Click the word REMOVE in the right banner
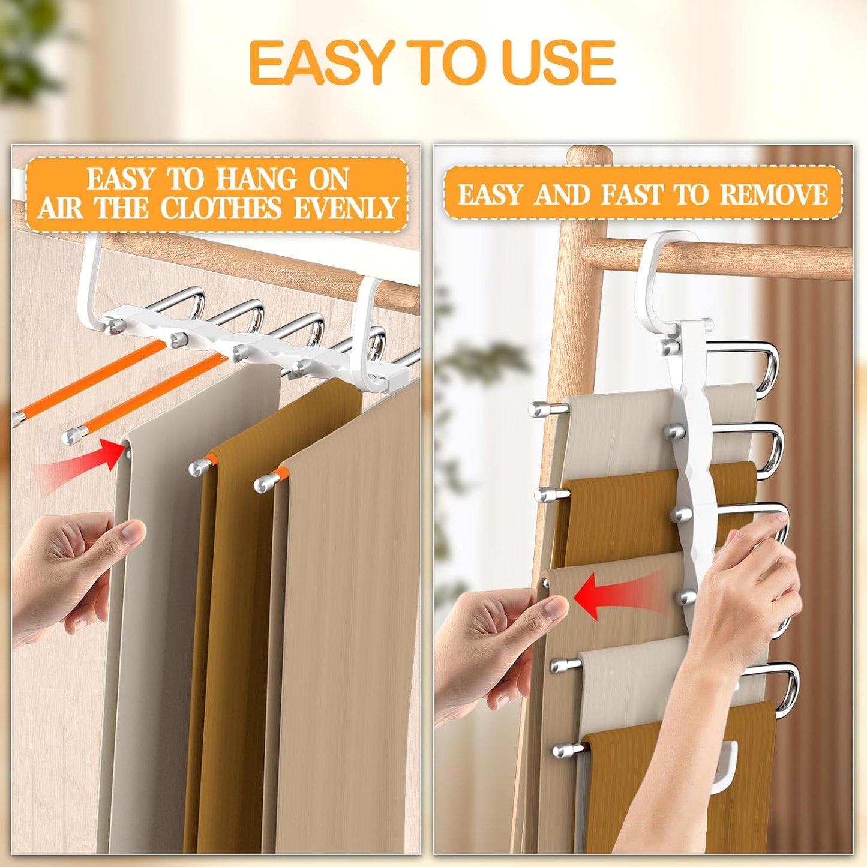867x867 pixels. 773,194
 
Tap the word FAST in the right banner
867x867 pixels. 633,194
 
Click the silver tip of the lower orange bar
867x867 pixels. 73,436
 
